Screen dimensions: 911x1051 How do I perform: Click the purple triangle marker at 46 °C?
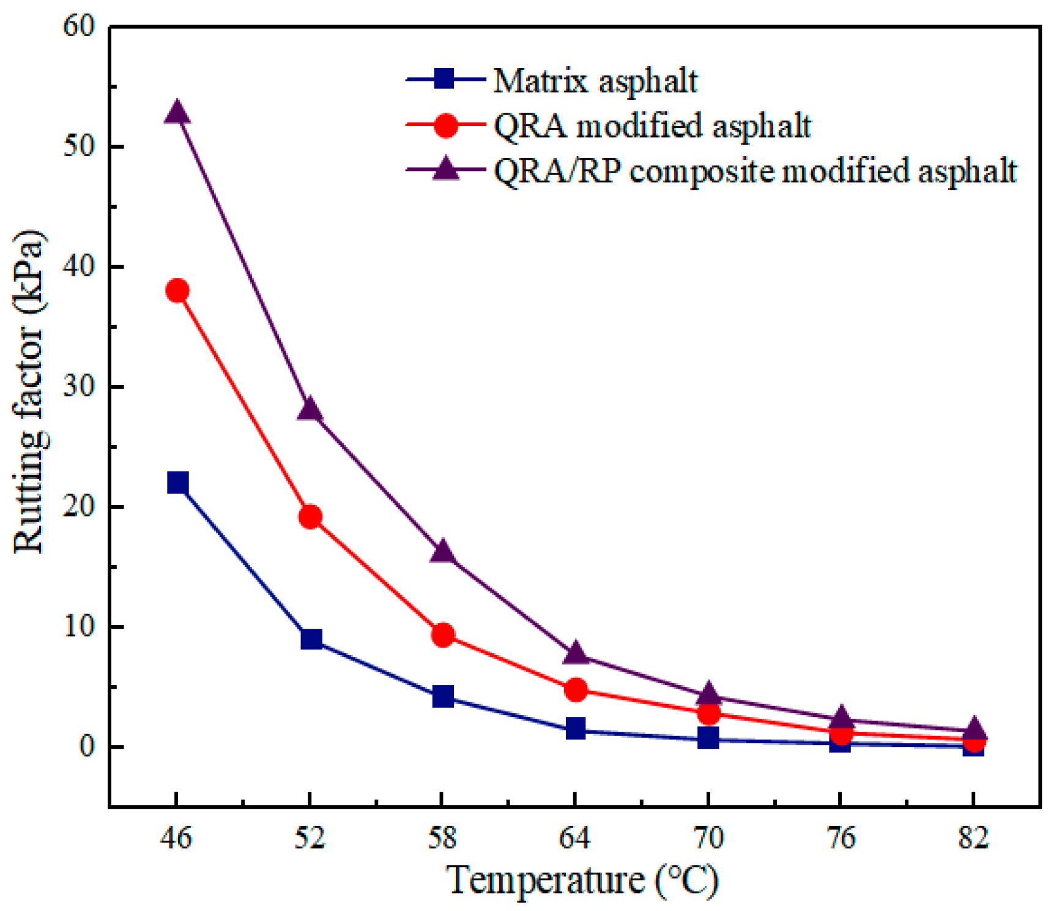pyautogui.click(x=177, y=113)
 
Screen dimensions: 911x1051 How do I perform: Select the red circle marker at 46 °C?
pyautogui.click(x=177, y=290)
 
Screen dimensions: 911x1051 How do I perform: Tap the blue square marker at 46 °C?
pyautogui.click(x=177, y=482)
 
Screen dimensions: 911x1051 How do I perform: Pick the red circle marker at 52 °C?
pyautogui.click(x=310, y=517)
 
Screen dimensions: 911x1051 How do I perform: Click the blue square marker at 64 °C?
pyautogui.click(x=575, y=728)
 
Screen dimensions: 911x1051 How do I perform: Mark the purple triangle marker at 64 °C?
pyautogui.click(x=575, y=654)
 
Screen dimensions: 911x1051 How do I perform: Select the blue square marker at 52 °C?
pyautogui.click(x=311, y=639)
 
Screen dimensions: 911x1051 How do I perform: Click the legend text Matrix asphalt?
pyautogui.click(x=595, y=81)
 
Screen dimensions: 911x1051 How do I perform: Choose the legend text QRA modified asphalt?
pyautogui.click(x=652, y=126)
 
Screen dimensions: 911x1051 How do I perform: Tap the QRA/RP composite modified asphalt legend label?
pyautogui.click(x=755, y=171)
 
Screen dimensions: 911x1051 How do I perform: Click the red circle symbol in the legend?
pyautogui.click(x=445, y=126)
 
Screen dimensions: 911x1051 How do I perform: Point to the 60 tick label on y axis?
pyautogui.click(x=80, y=26)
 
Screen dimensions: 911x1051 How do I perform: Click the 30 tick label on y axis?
pyautogui.click(x=80, y=387)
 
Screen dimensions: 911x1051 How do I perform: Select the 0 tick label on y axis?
pyautogui.click(x=87, y=747)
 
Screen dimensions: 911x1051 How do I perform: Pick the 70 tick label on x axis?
pyautogui.click(x=708, y=838)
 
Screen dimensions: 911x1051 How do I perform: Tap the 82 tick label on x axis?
pyautogui.click(x=973, y=838)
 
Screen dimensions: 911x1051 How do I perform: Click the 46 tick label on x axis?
pyautogui.click(x=176, y=838)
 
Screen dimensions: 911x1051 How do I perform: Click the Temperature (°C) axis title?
pyautogui.click(x=582, y=880)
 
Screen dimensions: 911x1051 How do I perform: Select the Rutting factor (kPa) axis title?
pyautogui.click(x=29, y=392)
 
